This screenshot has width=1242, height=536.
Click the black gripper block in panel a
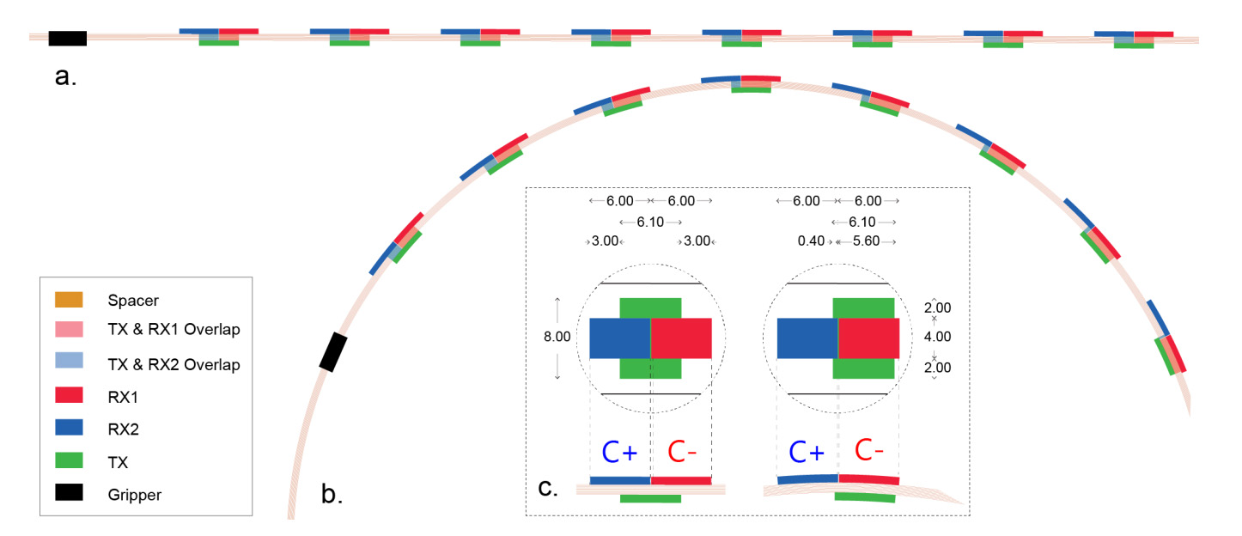pos(67,38)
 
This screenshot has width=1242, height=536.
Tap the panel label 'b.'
pos(332,494)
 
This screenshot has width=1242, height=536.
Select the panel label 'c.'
pos(548,489)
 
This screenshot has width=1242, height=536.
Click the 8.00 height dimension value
pos(557,338)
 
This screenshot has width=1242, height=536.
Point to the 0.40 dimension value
pos(810,242)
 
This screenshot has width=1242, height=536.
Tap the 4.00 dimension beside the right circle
pos(937,338)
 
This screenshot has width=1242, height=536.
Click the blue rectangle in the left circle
pos(620,338)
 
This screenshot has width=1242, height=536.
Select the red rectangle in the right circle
pos(868,338)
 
